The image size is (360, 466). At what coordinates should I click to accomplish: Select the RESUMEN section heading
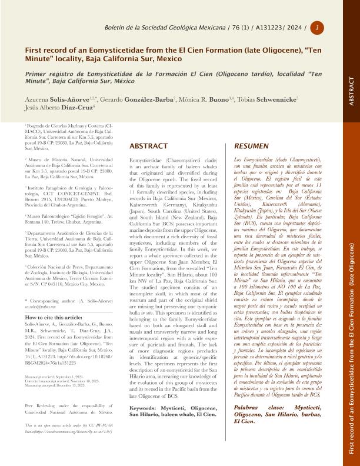pyautogui.click(x=252, y=145)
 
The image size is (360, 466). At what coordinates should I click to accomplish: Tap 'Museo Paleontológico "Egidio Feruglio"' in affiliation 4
pyautogui.click(x=59, y=218)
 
